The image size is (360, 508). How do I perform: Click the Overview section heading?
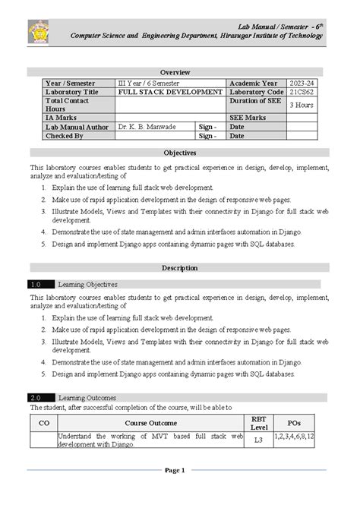[179, 71]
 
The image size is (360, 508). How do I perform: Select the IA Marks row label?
[61, 118]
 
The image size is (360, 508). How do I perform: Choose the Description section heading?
[179, 268]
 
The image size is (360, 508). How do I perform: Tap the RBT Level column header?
[258, 422]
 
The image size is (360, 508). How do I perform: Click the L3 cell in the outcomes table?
[258, 440]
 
